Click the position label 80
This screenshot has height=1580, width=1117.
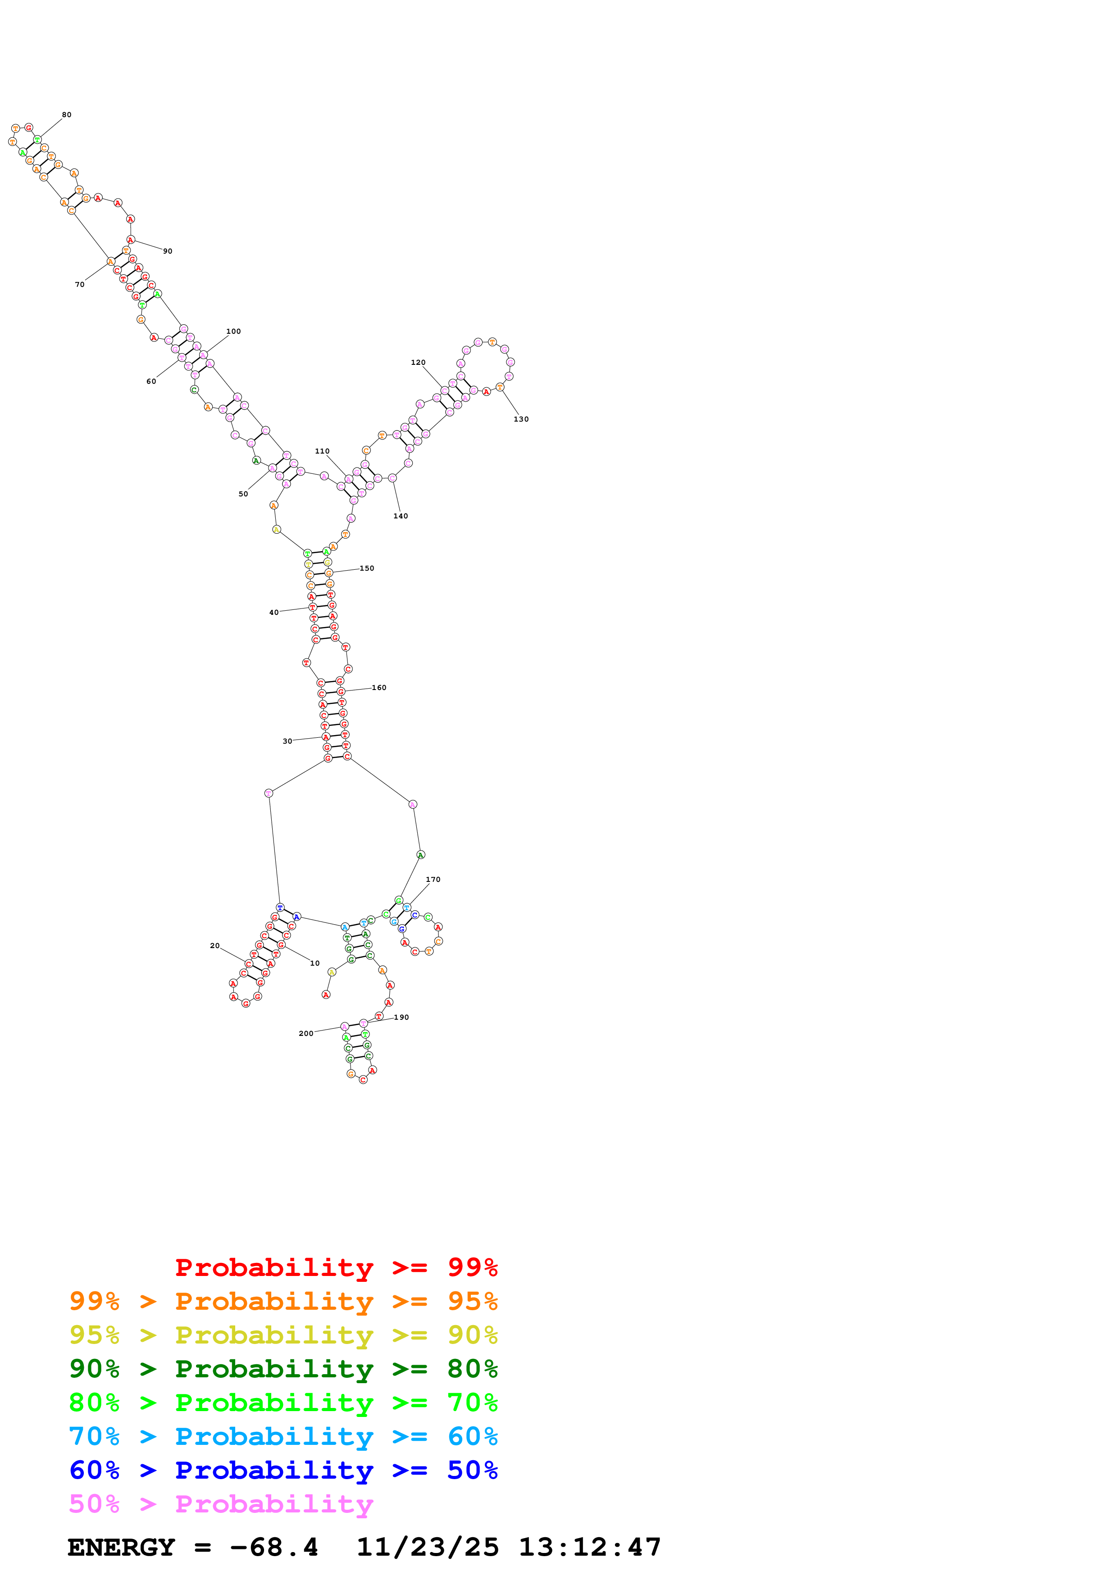(67, 115)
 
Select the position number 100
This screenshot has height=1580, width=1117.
(234, 331)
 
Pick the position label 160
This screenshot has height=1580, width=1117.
(379, 687)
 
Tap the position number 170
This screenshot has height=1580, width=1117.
(433, 880)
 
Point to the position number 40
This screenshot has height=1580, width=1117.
(274, 613)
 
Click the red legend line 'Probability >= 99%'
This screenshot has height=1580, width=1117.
(336, 1267)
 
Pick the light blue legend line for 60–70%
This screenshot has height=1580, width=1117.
(283, 1436)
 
